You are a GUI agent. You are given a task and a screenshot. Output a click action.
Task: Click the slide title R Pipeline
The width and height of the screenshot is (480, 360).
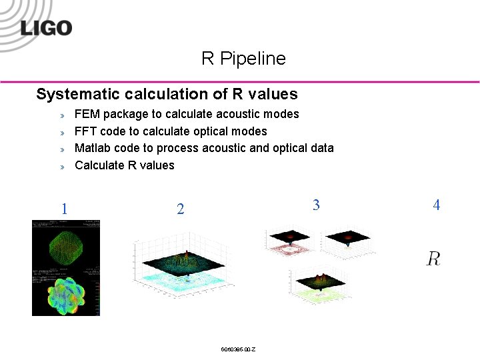click(243, 59)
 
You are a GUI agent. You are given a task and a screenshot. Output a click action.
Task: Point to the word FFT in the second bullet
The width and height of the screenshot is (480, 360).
click(85, 131)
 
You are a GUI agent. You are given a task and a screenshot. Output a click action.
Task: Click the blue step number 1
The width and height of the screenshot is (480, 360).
click(64, 209)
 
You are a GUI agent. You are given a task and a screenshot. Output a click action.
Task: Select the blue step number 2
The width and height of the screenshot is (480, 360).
click(180, 209)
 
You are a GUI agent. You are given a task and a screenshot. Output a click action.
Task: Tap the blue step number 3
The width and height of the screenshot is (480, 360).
click(316, 205)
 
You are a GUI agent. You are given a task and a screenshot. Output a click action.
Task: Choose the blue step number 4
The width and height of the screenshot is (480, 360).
click(436, 205)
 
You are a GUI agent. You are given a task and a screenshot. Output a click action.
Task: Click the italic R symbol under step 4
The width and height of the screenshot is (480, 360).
click(433, 259)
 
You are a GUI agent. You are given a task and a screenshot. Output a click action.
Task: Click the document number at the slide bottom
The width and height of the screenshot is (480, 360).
click(238, 350)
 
